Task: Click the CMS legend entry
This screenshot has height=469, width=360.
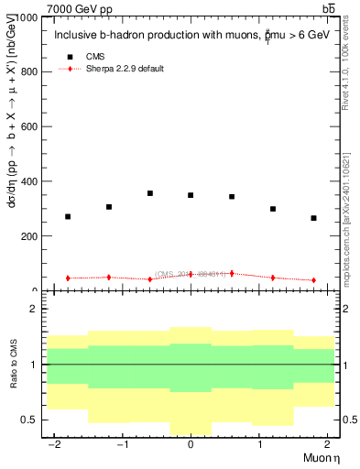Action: click(94, 57)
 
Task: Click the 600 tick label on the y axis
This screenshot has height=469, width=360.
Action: click(27, 126)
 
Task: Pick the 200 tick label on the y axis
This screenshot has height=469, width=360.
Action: click(27, 236)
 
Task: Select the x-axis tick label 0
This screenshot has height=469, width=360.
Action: click(191, 444)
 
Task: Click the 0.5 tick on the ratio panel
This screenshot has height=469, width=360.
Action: click(27, 420)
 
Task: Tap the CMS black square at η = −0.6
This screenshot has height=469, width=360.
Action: click(149, 193)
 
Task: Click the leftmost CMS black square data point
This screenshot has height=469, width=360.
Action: click(67, 217)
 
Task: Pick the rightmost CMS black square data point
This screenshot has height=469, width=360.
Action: click(313, 218)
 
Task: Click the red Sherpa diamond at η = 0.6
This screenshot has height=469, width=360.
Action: click(232, 273)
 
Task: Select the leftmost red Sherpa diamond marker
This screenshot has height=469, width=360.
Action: click(67, 278)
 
